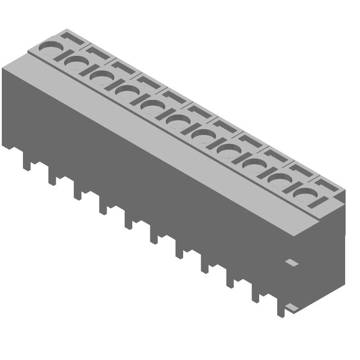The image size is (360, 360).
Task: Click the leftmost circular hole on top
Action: tap(51, 48)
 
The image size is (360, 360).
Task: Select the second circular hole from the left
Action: tap(76, 63)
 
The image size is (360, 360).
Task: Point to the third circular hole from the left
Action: tap(102, 77)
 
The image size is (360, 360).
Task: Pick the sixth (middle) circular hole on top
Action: tap(178, 121)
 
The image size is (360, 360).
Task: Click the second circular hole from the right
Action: tap(280, 180)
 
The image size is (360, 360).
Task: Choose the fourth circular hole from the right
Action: tap(229, 151)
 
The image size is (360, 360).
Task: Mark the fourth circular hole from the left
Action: tap(127, 92)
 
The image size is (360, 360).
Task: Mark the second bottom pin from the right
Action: tap(256, 296)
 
